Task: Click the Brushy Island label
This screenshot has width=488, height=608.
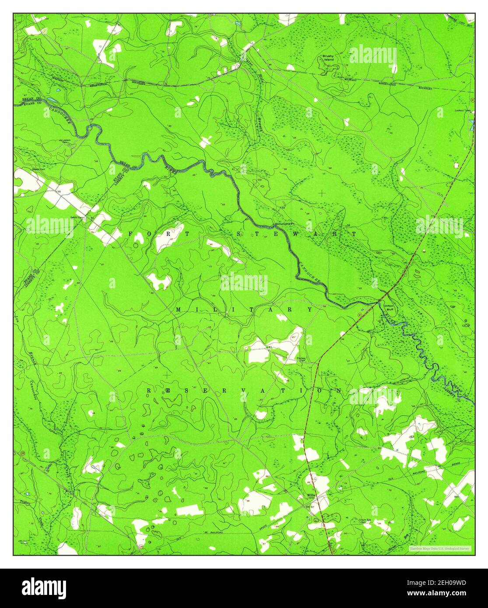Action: point(328,58)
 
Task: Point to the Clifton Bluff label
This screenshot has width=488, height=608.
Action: point(388,307)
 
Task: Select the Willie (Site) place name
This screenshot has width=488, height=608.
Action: point(311,496)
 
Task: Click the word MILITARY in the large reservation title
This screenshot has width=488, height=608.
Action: point(244,310)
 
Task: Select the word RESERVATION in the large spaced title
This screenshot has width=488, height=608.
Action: point(244,390)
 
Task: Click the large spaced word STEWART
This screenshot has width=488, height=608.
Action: point(296,234)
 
